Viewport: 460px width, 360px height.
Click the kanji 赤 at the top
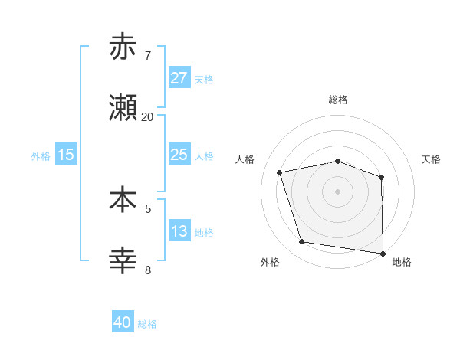click(x=123, y=47)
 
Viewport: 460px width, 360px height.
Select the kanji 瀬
click(x=123, y=109)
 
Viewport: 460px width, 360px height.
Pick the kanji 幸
click(x=123, y=261)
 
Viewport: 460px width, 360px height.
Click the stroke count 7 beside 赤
click(x=148, y=56)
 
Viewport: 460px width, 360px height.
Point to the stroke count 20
click(x=147, y=117)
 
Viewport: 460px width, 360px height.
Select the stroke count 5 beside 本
click(x=148, y=208)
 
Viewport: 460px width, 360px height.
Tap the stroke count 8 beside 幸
click(x=148, y=270)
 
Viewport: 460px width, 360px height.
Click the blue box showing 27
click(x=179, y=77)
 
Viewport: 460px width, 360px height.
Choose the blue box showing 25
click(x=179, y=155)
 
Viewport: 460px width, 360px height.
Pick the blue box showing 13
click(x=179, y=231)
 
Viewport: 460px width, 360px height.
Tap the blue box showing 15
click(x=66, y=155)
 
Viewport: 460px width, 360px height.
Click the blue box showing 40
click(x=123, y=322)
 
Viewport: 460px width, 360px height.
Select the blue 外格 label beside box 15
click(x=41, y=155)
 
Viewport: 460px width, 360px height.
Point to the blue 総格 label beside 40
click(x=147, y=324)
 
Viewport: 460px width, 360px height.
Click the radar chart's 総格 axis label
click(x=338, y=100)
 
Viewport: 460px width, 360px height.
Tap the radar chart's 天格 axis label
click(x=432, y=159)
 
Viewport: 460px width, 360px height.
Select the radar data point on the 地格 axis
click(x=383, y=252)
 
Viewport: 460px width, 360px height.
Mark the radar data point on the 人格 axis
click(x=280, y=172)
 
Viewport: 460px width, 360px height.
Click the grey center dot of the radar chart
click(x=338, y=191)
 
